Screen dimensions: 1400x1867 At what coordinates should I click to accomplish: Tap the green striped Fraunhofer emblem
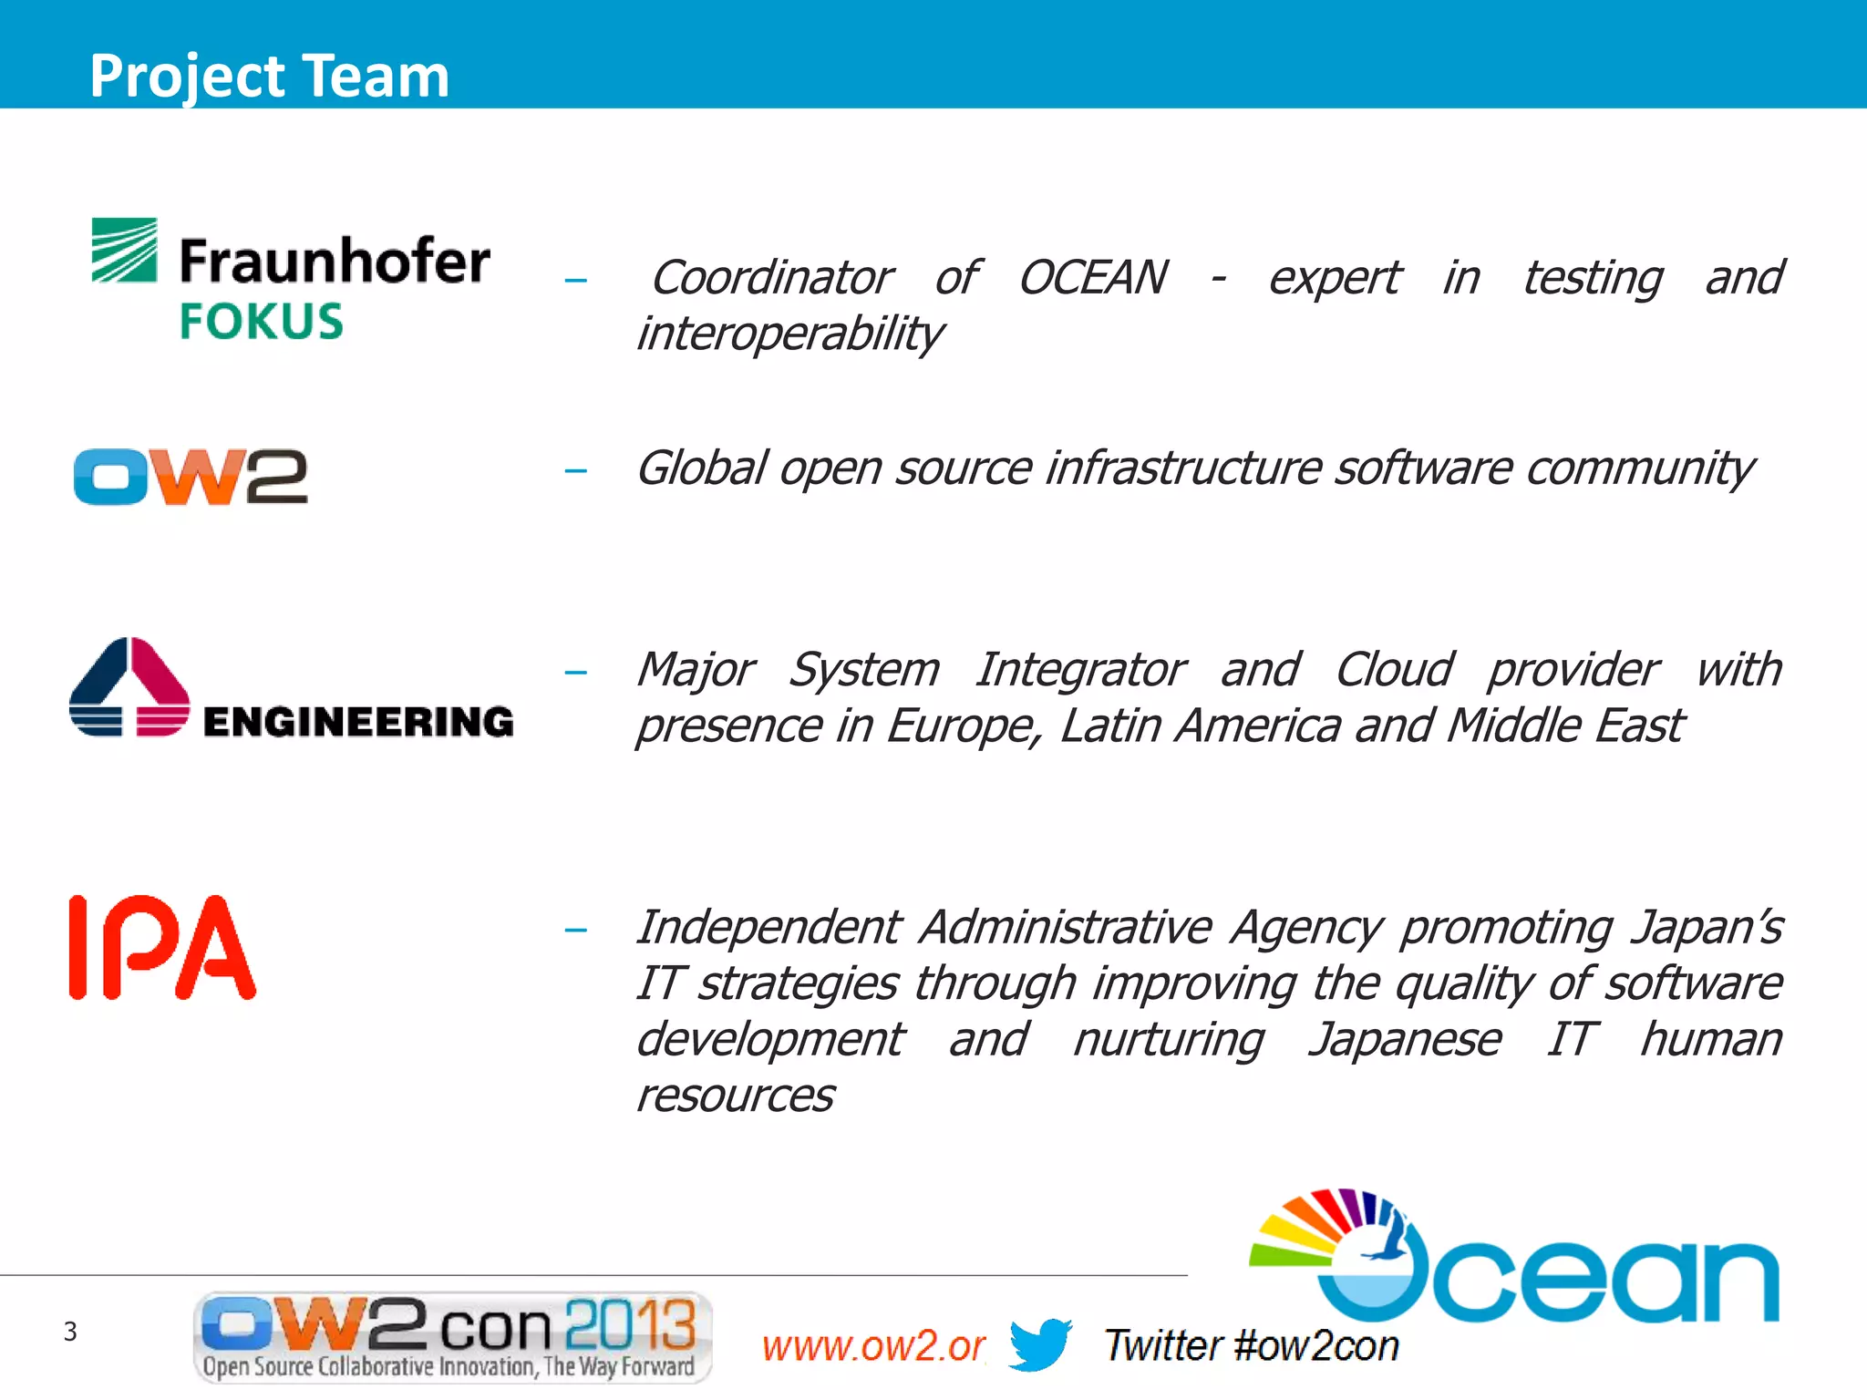(x=124, y=250)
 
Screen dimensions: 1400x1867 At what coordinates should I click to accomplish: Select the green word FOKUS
(x=261, y=322)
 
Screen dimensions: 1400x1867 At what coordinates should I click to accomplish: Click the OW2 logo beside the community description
(x=191, y=476)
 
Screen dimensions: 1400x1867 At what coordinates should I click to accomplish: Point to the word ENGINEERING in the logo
(x=358, y=722)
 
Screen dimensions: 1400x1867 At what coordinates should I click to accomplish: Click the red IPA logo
(x=162, y=948)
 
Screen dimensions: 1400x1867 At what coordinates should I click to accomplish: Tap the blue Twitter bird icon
(x=1040, y=1343)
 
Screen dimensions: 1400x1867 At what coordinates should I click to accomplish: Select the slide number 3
(x=70, y=1332)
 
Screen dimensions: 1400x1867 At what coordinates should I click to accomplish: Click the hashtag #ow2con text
(x=1315, y=1346)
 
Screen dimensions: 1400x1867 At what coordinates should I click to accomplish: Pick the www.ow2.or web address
(x=873, y=1346)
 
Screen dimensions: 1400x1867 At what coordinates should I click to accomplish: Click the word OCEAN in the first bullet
(x=1092, y=277)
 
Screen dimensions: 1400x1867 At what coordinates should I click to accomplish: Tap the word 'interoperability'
(x=789, y=334)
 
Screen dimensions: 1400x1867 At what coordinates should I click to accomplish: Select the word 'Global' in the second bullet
(x=701, y=468)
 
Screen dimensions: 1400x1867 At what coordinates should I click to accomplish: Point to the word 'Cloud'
(x=1394, y=670)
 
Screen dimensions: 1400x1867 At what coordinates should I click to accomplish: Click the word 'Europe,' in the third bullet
(x=964, y=726)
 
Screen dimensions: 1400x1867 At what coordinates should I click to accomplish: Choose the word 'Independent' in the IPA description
(x=768, y=927)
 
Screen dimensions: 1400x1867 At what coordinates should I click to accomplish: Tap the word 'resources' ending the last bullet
(x=735, y=1096)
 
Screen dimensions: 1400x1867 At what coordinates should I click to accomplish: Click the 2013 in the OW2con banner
(x=630, y=1323)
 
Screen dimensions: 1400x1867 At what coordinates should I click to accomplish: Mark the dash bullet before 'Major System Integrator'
(x=575, y=674)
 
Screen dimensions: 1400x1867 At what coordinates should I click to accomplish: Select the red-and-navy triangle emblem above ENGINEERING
(x=129, y=686)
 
